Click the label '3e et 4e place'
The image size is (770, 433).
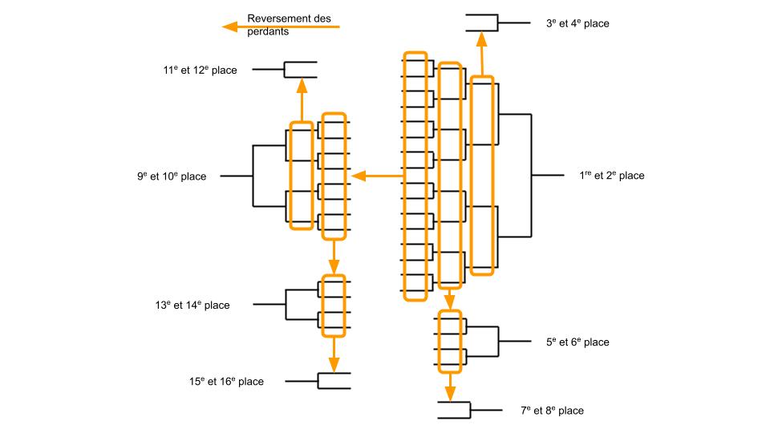tap(577, 24)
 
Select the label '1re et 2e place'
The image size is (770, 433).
tap(611, 176)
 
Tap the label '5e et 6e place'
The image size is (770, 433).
tap(577, 342)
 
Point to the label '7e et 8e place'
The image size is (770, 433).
tap(552, 411)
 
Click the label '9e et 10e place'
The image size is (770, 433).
tap(171, 176)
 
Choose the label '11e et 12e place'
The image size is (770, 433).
tap(200, 71)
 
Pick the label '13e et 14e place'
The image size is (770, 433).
tap(192, 305)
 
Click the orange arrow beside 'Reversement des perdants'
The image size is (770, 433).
tap(281, 27)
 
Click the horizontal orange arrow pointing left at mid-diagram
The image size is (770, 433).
tap(377, 176)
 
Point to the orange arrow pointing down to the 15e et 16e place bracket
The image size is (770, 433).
tap(333, 354)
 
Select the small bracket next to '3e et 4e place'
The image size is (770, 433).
tap(482, 23)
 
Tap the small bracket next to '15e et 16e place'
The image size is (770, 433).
tap(334, 382)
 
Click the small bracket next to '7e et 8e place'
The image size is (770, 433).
tap(454, 410)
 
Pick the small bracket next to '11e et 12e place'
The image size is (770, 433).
tap(300, 70)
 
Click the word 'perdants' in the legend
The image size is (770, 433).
tap(268, 32)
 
